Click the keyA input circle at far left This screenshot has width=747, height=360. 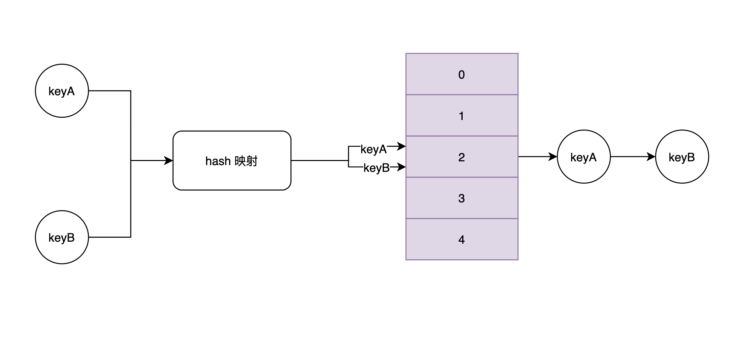click(x=62, y=91)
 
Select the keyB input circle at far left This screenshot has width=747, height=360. click(x=62, y=237)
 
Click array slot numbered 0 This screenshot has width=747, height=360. click(x=462, y=74)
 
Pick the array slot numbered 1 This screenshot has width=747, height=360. click(x=462, y=116)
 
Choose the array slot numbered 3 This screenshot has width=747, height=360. click(x=462, y=198)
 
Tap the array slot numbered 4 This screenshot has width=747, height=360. click(x=462, y=239)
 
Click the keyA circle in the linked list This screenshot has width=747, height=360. click(x=584, y=157)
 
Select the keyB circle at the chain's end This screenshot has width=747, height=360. click(x=682, y=157)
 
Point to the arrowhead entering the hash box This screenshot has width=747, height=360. click(x=169, y=161)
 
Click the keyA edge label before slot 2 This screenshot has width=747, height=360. click(x=373, y=149)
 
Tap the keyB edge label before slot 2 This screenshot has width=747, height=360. click(x=377, y=168)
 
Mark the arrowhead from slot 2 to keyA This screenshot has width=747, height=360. click(x=553, y=157)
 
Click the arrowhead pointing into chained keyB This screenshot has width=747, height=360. click(x=651, y=157)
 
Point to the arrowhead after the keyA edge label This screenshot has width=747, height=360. click(x=402, y=146)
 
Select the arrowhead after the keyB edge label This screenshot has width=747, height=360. click(x=402, y=167)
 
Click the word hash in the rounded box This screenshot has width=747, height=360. click(x=218, y=161)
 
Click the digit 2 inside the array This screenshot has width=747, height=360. click(x=462, y=157)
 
